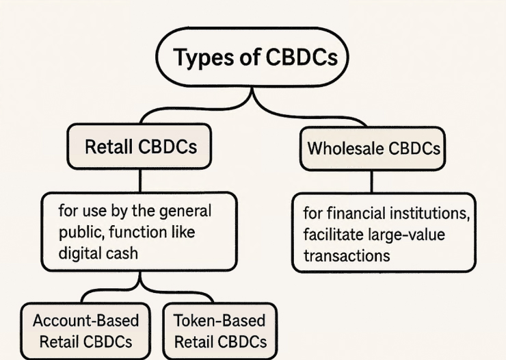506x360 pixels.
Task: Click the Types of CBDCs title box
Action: [x=253, y=58]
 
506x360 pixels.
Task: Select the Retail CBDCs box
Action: [x=139, y=146]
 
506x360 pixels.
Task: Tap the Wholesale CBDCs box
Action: [x=373, y=147]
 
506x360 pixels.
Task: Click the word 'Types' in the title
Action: [x=200, y=58]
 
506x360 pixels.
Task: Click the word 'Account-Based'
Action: [x=85, y=320]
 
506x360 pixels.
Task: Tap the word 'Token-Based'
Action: [x=219, y=320]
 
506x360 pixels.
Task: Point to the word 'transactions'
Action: [x=347, y=255]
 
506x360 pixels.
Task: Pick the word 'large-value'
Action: [x=405, y=235]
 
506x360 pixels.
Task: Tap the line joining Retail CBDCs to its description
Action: [x=139, y=181]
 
